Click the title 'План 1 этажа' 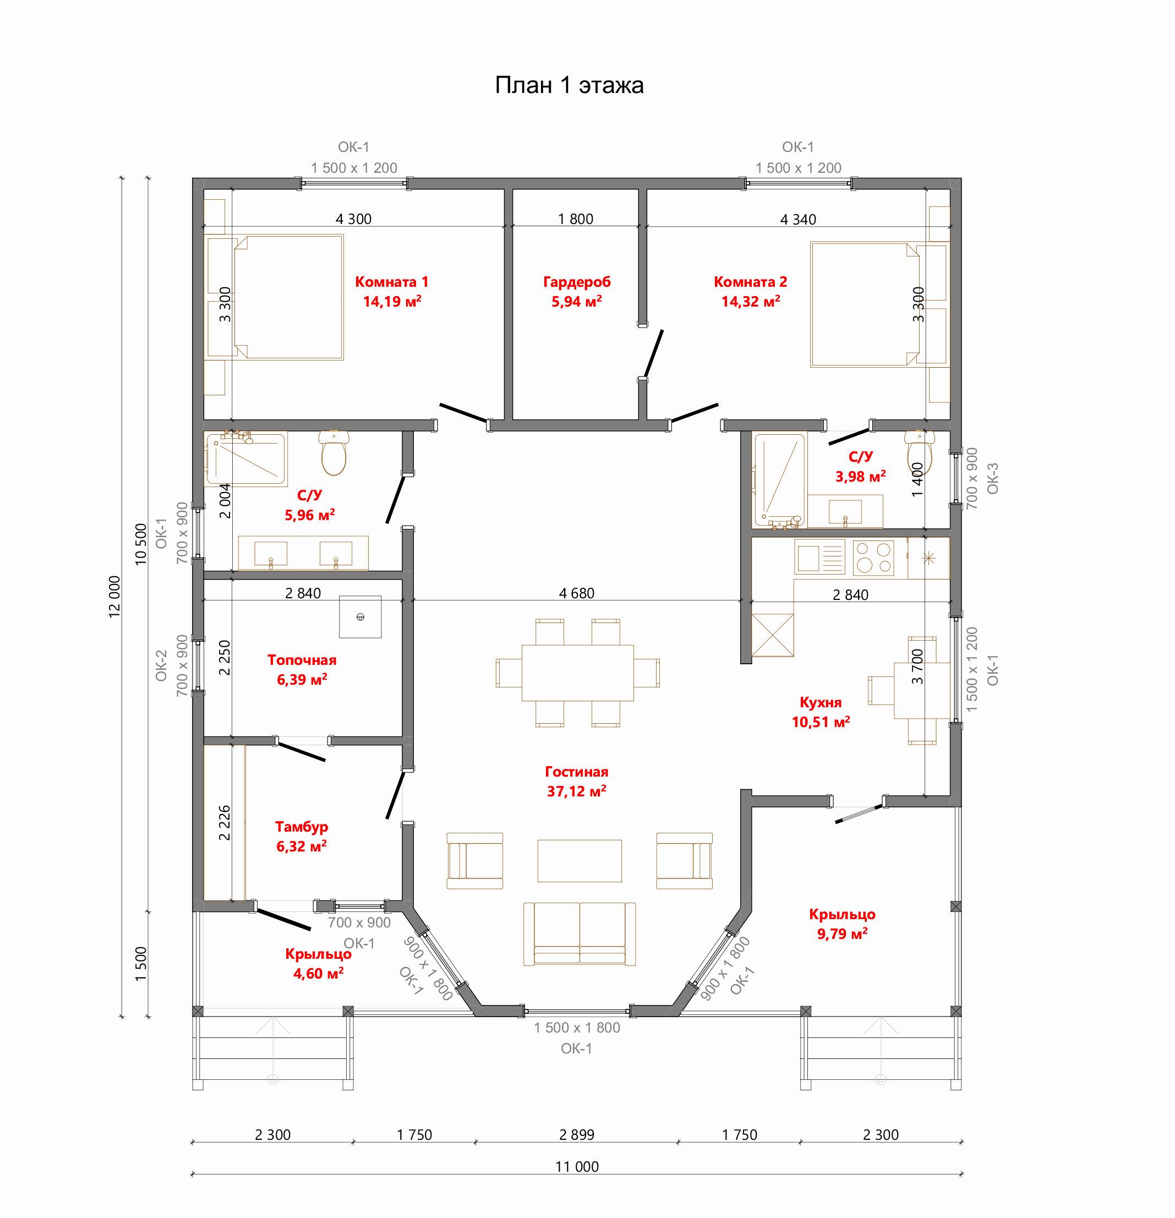coord(569,85)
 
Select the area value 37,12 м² coord(577,791)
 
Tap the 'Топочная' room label coord(302,660)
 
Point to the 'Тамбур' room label coord(302,827)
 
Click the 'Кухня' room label coord(821,702)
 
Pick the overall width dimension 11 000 coord(577,1166)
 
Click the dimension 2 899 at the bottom coord(577,1135)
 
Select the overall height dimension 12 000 coord(115,597)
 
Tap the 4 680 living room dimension coord(577,593)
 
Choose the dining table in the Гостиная coord(578,673)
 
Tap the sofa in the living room coord(579,934)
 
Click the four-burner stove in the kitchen coord(873,558)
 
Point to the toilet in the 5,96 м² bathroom coord(334,452)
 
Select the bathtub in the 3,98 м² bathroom coord(779,481)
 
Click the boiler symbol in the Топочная coord(360,616)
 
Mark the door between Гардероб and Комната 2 coord(654,353)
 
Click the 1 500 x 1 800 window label coord(577,1028)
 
